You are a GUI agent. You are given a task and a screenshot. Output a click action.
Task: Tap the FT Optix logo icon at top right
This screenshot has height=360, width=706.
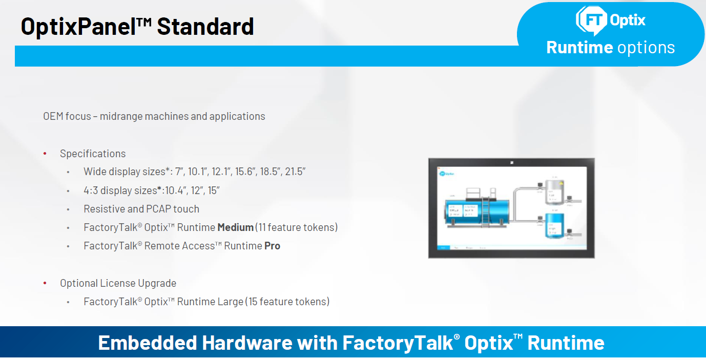point(591,20)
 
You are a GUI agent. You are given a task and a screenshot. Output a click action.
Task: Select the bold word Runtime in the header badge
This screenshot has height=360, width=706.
point(579,47)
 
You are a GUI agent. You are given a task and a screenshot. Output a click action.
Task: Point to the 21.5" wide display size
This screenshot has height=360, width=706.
point(296,172)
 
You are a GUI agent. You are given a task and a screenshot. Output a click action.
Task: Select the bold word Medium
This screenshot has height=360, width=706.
point(235,227)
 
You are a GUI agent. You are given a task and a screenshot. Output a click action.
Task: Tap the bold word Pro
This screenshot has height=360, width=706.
point(272,246)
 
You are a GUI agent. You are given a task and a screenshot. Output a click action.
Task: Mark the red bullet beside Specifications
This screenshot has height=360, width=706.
point(45,154)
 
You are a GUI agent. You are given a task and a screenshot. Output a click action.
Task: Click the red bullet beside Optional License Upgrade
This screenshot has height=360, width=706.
point(45,283)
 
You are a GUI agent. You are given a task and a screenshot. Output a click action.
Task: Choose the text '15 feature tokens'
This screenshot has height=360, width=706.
point(288,302)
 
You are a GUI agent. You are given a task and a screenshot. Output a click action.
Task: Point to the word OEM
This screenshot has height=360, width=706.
point(53,116)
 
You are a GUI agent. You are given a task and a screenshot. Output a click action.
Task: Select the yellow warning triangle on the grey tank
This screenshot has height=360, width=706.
point(561,182)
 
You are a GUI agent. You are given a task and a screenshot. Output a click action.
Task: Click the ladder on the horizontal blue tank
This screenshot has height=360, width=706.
point(486,211)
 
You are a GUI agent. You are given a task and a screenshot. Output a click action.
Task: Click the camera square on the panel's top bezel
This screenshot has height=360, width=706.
point(511,163)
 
